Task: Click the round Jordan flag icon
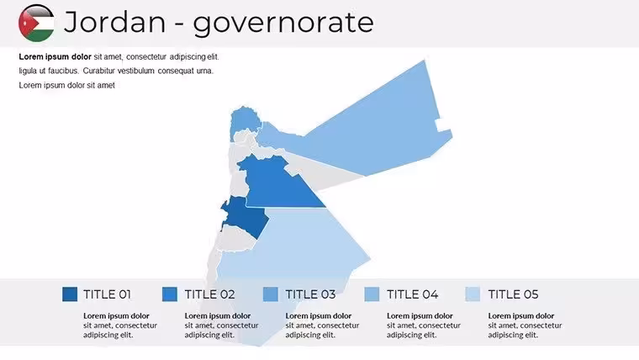tap(36, 23)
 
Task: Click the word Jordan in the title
tap(115, 22)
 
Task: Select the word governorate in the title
tap(283, 24)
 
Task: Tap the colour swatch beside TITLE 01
tap(70, 294)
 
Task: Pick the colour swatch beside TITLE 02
tap(170, 294)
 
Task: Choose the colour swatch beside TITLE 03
tap(271, 294)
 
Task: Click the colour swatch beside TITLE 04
tap(372, 294)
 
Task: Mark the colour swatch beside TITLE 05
tap(473, 294)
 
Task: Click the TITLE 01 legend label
tap(107, 294)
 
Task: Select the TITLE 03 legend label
tap(310, 294)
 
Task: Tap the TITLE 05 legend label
tap(513, 294)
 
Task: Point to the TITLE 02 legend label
tap(210, 294)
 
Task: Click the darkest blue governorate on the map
tap(246, 216)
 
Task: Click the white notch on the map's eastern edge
tap(442, 124)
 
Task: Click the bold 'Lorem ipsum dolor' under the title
tap(55, 56)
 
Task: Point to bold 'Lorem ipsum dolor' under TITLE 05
tap(521, 316)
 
